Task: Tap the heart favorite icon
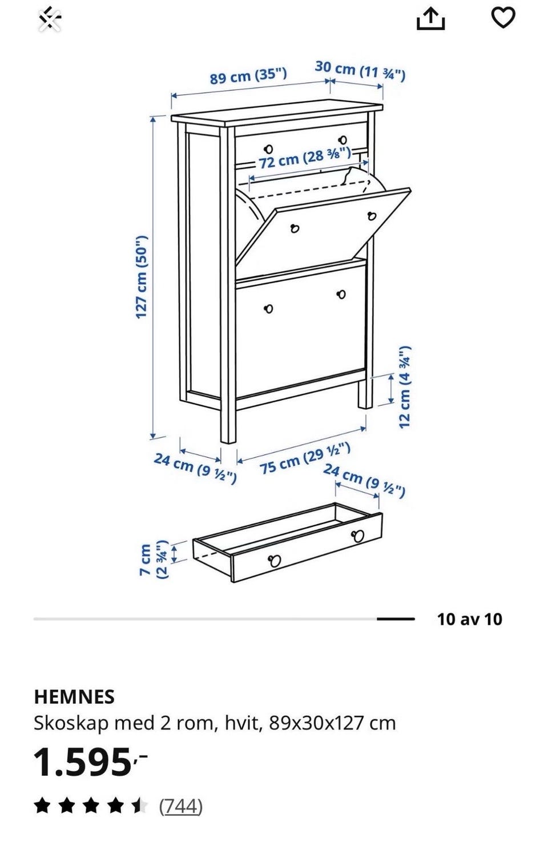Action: coord(503,17)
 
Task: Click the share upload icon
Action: coord(430,18)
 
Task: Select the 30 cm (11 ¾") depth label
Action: coord(360,71)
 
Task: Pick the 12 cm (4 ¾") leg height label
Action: coord(405,386)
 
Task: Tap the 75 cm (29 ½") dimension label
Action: coord(305,458)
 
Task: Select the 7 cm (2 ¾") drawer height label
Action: coord(154,560)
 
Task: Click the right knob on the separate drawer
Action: coord(357,535)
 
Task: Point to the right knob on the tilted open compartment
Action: coord(372,216)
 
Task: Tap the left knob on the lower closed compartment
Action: coord(268,309)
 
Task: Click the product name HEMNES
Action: coord(74,697)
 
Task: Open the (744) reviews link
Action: coord(181,807)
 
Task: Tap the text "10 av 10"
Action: coord(469,619)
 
